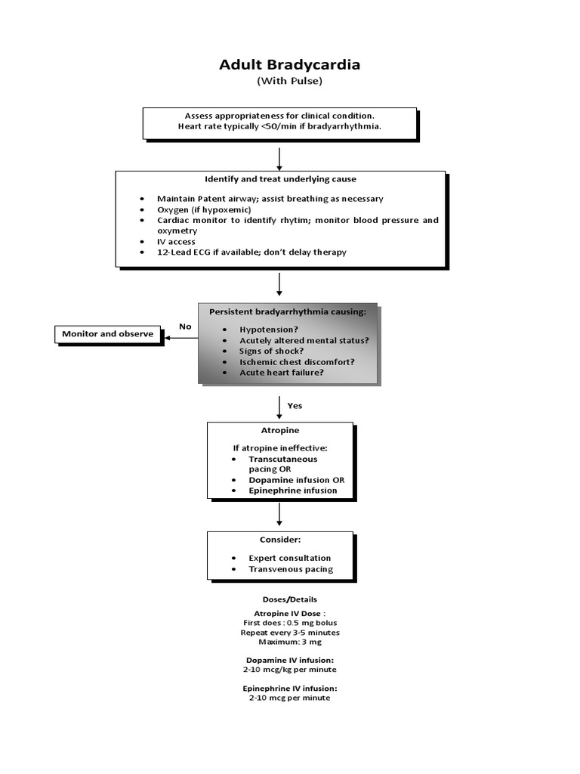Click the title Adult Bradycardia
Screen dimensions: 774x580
point(289,65)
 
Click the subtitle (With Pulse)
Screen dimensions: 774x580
point(289,81)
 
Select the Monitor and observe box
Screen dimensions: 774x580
point(107,333)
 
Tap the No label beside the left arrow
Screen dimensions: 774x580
point(185,327)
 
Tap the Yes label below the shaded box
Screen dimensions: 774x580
point(295,406)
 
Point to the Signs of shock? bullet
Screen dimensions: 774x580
point(271,351)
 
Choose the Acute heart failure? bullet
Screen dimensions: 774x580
point(281,373)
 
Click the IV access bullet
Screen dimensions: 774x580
point(176,242)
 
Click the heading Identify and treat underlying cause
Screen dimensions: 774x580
point(280,179)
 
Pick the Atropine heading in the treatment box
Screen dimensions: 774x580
point(279,430)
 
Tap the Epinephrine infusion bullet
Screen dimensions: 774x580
point(292,491)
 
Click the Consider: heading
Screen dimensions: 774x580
point(279,540)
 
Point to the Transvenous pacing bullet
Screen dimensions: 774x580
point(290,569)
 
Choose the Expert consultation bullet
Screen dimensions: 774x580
point(289,559)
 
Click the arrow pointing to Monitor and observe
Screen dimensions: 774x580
point(181,337)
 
